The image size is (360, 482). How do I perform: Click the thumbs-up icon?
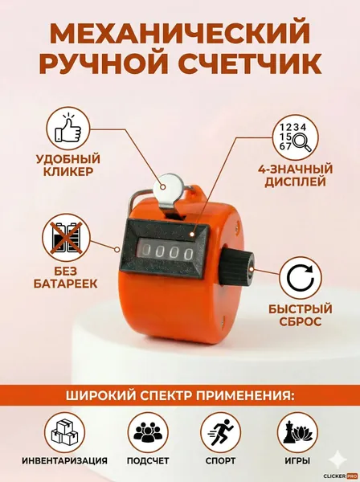(x=68, y=129)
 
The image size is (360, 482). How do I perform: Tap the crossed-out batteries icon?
(x=67, y=238)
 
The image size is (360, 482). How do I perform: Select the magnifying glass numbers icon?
(x=296, y=137)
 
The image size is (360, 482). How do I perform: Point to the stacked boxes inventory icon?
(x=64, y=432)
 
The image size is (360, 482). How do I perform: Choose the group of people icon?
(x=148, y=432)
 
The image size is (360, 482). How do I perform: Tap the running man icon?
(x=221, y=432)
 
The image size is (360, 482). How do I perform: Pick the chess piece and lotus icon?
(x=297, y=432)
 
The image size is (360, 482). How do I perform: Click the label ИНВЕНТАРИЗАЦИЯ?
(x=64, y=461)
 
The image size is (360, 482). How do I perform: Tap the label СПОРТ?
(x=221, y=461)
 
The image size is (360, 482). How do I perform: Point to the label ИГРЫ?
(x=297, y=461)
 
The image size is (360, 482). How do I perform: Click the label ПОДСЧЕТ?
(x=148, y=461)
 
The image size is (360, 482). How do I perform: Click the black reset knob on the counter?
(x=237, y=267)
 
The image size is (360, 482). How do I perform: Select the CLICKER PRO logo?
(x=341, y=476)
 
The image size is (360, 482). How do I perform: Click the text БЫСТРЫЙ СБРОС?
(x=301, y=316)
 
